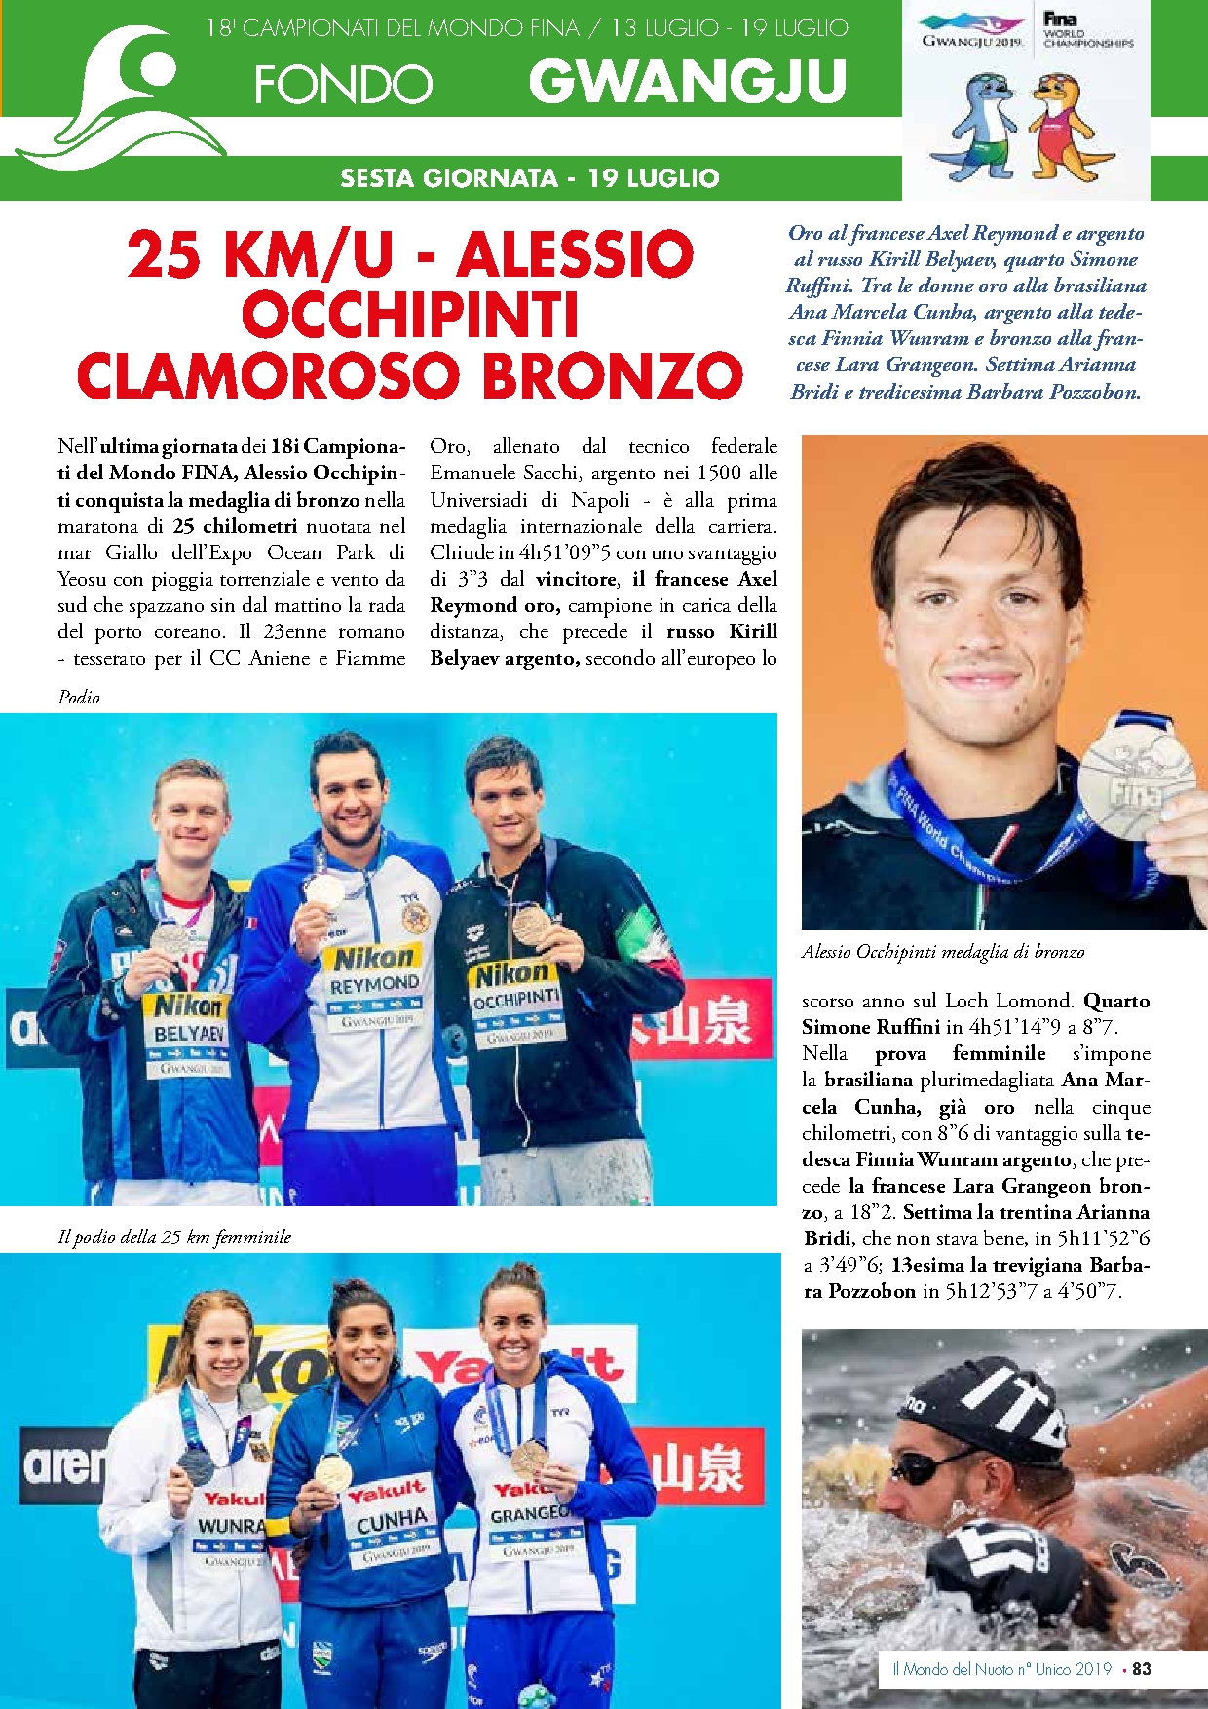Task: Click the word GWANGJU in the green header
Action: click(687, 82)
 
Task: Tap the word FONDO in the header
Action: click(343, 86)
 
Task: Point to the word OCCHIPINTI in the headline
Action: click(410, 316)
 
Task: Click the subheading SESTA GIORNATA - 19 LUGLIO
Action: click(530, 178)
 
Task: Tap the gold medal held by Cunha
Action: click(333, 1471)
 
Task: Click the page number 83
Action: click(1141, 1669)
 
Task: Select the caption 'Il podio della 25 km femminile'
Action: click(175, 1237)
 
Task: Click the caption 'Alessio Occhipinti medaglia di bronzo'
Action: click(943, 952)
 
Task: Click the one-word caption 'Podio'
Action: click(79, 697)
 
